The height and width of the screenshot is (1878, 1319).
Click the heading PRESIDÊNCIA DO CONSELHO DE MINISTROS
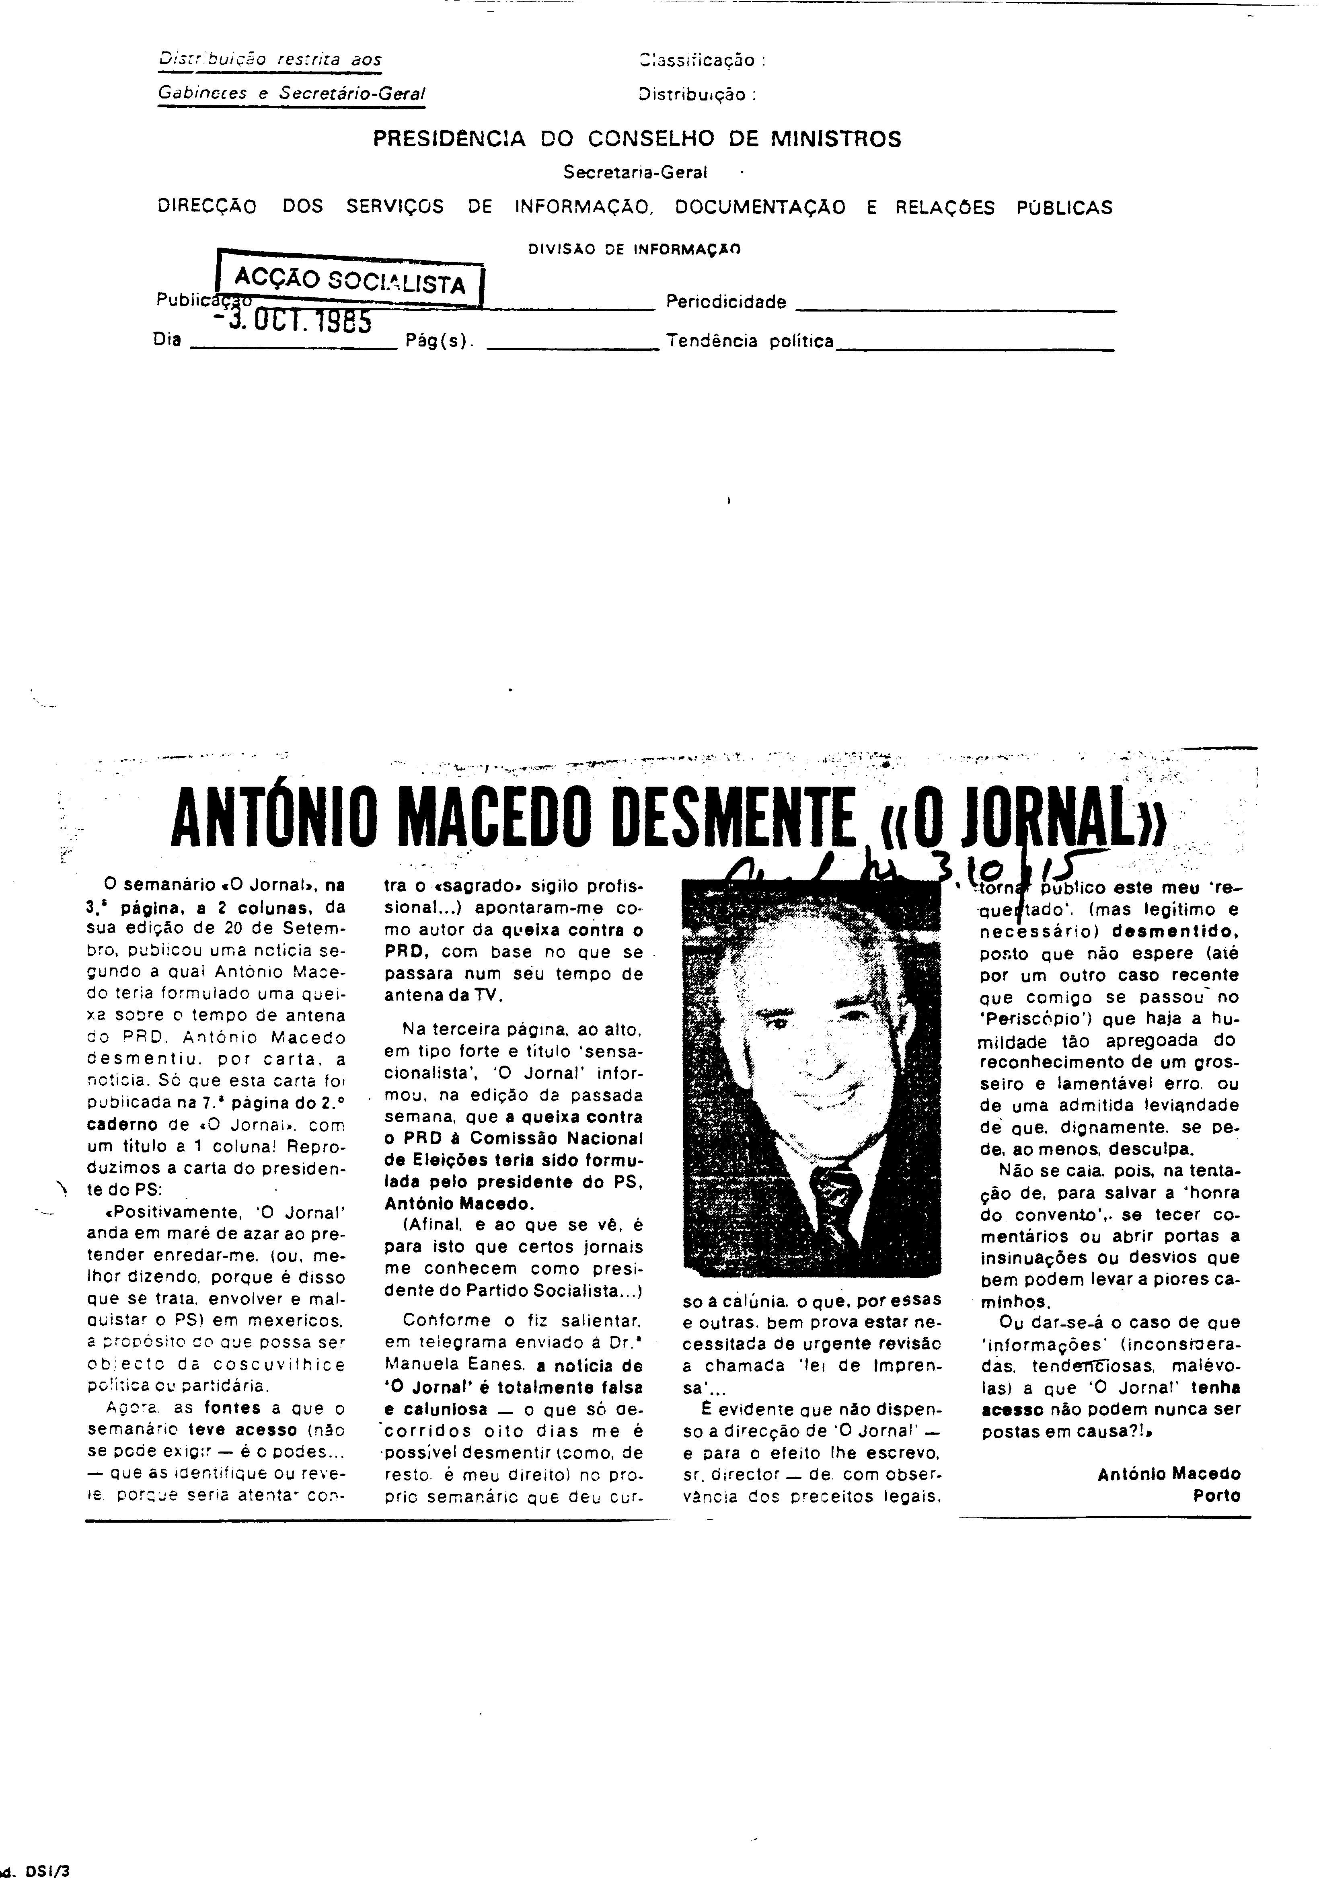click(637, 139)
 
